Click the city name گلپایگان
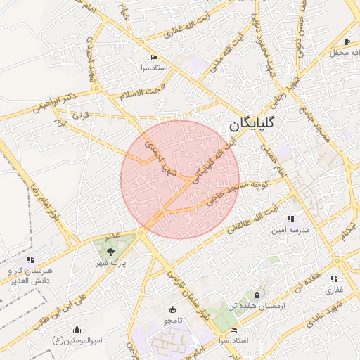(254, 124)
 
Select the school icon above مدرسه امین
(290, 219)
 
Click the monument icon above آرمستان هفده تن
(256, 295)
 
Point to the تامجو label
(173, 320)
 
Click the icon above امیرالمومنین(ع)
(77, 329)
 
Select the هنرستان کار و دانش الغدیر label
(32, 276)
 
